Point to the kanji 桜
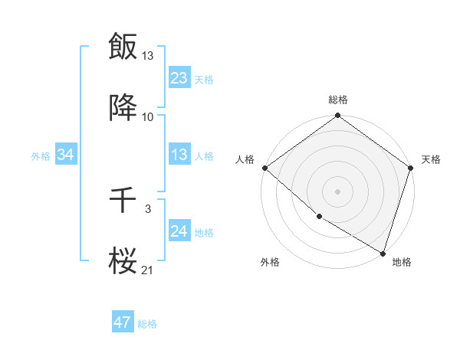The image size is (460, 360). click(123, 261)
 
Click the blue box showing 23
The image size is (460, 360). click(179, 78)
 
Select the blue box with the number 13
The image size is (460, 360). click(179, 155)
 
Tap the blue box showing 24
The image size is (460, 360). click(179, 231)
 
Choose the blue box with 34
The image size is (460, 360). click(65, 155)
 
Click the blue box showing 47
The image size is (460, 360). click(122, 322)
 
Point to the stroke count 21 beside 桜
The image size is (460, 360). click(148, 270)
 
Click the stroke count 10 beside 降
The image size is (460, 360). click(148, 117)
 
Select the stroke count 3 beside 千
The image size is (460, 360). click(148, 208)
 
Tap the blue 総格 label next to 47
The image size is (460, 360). click(147, 324)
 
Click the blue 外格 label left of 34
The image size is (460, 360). click(41, 156)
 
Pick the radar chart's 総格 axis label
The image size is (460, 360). click(338, 100)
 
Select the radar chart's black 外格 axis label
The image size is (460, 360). click(269, 262)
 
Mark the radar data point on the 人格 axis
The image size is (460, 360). click(264, 168)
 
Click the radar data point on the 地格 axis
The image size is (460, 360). click(383, 253)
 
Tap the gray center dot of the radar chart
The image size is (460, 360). click(337, 191)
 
